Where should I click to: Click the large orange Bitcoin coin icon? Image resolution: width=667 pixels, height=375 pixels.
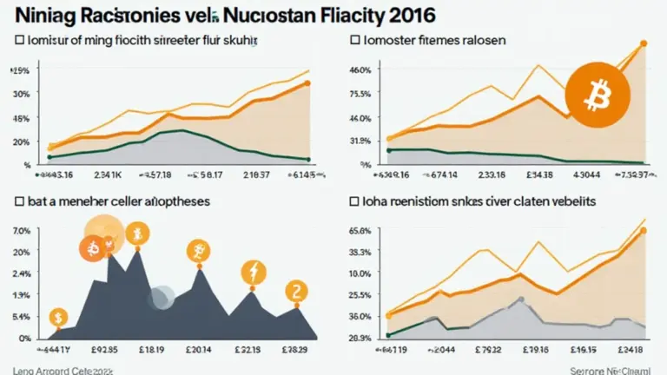click(x=594, y=96)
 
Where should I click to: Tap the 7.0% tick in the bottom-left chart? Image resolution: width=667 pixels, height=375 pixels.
click(x=22, y=231)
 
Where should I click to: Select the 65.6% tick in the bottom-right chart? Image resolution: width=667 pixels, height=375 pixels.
click(x=360, y=231)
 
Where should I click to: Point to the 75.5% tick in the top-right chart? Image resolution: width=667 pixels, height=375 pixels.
click(x=360, y=94)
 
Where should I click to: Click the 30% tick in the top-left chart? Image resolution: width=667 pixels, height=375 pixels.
click(x=22, y=94)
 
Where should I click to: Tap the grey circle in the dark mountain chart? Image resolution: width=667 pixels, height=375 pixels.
click(x=161, y=298)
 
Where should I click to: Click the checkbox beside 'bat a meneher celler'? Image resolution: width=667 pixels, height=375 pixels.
click(x=18, y=201)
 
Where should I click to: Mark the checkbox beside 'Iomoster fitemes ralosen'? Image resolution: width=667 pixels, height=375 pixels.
click(x=356, y=40)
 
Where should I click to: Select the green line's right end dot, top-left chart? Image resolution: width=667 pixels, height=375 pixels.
click(x=308, y=159)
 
